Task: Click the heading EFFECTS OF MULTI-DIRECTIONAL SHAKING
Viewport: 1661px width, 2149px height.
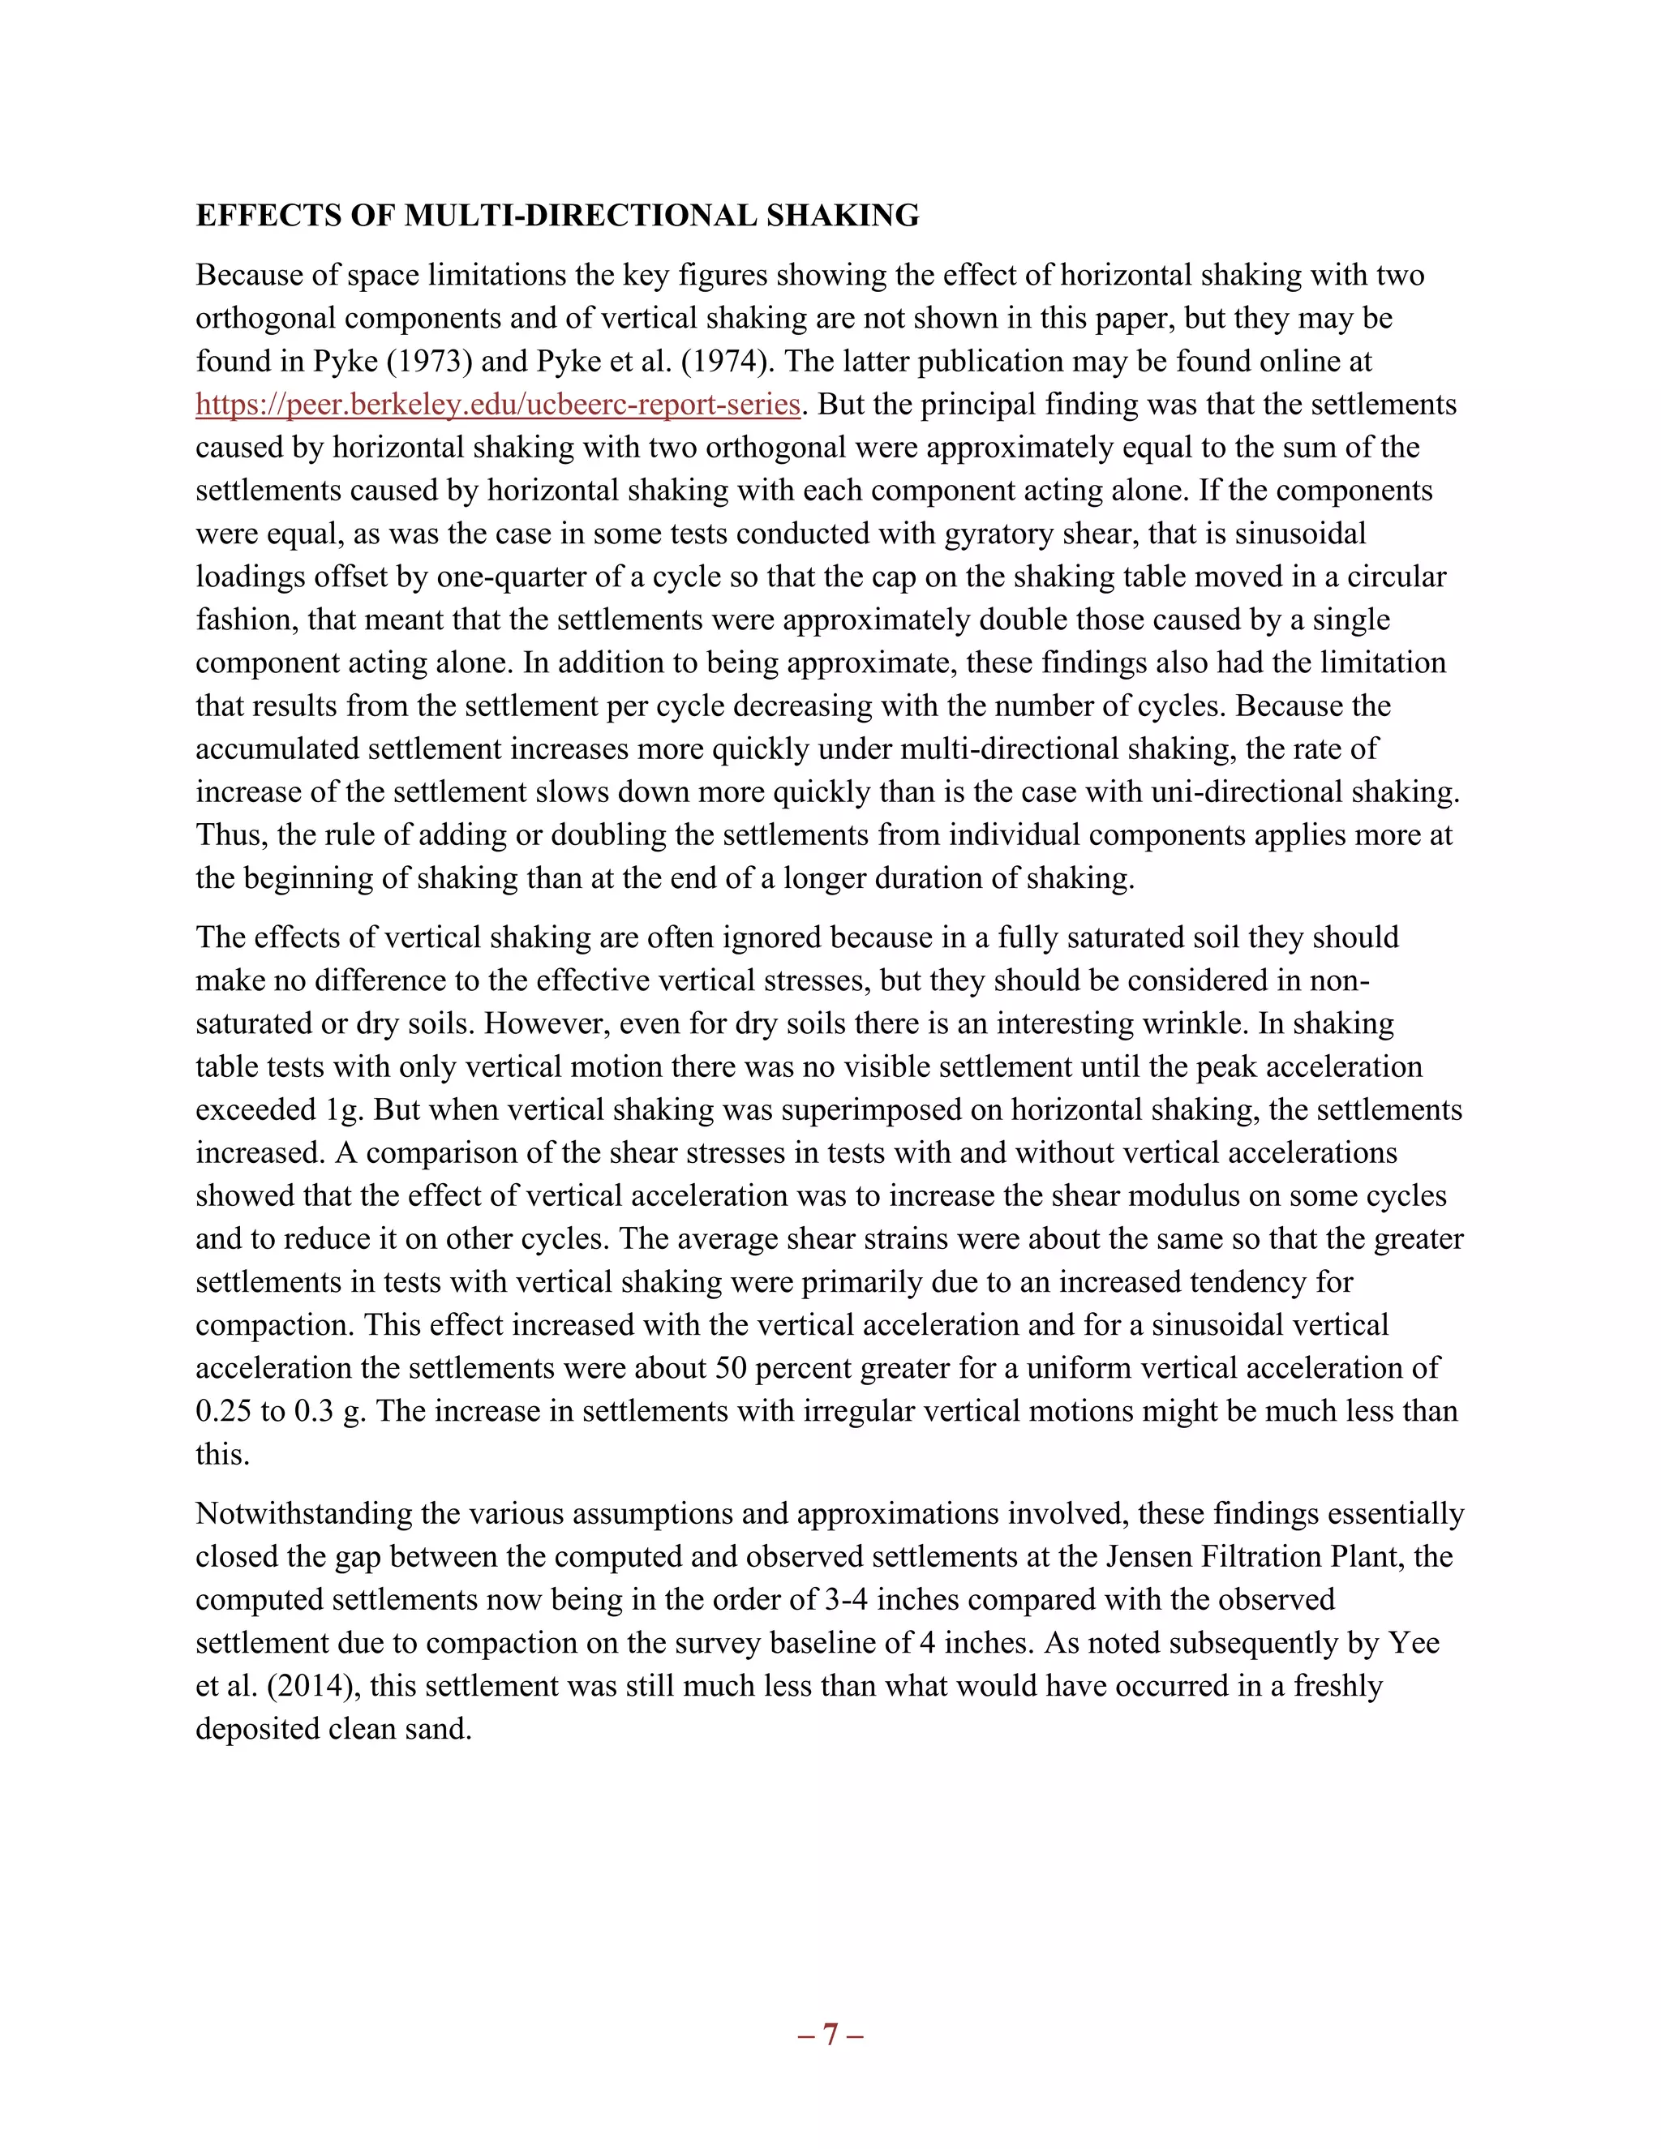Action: tap(557, 216)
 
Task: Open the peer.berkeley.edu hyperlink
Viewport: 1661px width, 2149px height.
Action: tap(498, 405)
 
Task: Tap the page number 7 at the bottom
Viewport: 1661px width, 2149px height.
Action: tap(830, 2034)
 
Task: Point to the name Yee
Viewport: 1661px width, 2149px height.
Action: tap(1414, 1642)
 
